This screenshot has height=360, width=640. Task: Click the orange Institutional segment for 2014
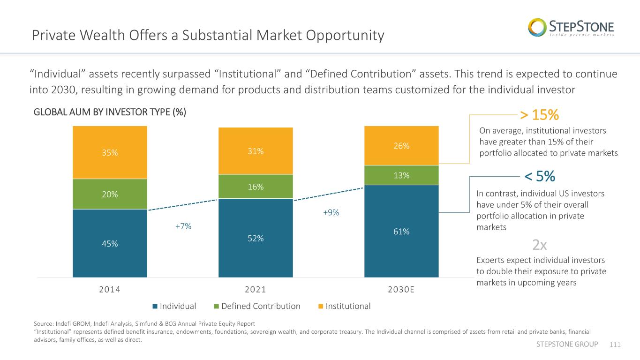click(110, 152)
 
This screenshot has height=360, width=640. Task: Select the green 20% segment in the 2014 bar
click(110, 194)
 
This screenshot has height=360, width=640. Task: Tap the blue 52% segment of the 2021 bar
click(256, 238)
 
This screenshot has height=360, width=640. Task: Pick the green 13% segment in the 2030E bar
click(401, 175)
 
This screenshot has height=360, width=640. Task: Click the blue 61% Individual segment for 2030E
click(401, 231)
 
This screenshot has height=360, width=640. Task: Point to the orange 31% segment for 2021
click(256, 151)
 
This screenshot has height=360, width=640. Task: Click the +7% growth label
click(183, 226)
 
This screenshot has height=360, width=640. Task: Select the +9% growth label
click(331, 212)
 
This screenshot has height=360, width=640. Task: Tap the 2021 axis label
click(256, 289)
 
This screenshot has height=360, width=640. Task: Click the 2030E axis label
click(401, 289)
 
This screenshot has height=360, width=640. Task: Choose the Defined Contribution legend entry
click(257, 306)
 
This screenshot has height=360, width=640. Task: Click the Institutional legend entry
click(344, 306)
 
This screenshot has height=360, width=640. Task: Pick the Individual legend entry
click(174, 306)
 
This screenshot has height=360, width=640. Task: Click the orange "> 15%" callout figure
click(539, 115)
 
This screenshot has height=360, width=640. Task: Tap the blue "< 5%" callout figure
click(540, 176)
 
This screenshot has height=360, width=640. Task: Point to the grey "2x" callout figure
click(539, 245)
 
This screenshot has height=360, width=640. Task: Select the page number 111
click(615, 345)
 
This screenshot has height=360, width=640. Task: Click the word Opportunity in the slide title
click(345, 36)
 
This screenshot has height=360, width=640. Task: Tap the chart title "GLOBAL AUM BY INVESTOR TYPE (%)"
click(110, 112)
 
